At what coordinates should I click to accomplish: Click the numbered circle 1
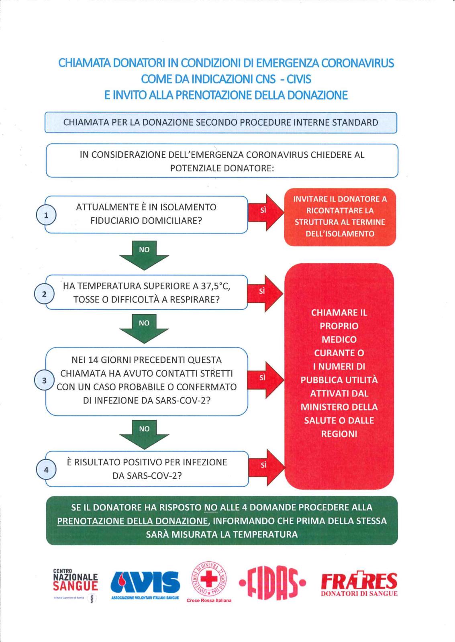46,215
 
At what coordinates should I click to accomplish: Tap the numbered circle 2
44,294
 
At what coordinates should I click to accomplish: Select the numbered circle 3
44,381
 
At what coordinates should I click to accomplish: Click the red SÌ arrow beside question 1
266,213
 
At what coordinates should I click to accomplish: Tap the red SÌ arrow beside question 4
267,468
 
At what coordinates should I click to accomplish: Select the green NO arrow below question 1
144,255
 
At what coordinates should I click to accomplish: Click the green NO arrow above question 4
144,434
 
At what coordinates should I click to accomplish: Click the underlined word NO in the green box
211,508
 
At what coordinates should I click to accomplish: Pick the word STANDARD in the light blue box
355,122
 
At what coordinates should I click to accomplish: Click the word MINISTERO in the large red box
323,407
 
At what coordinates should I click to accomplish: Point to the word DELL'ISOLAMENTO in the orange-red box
340,234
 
